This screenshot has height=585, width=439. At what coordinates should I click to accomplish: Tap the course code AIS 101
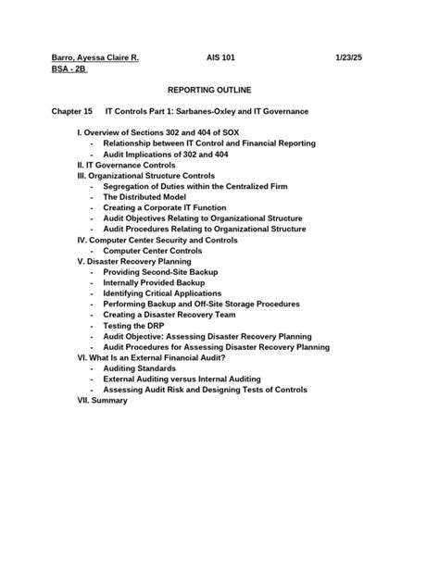pos(220,57)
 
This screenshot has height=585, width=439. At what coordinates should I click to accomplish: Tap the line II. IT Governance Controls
pos(126,165)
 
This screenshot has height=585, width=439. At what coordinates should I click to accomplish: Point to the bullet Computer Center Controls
pos(152,250)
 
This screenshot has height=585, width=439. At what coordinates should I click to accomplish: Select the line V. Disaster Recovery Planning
pos(134,261)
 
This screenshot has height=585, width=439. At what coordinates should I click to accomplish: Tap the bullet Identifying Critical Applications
pos(169,293)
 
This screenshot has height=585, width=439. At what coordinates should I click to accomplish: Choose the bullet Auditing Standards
pos(139,367)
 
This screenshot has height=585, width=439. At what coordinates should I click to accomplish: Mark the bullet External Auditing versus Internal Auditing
pos(182,379)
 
